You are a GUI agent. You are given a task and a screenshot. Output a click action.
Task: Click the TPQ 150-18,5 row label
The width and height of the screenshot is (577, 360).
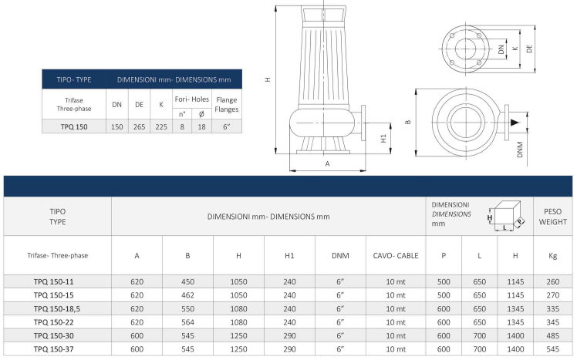pos(56,308)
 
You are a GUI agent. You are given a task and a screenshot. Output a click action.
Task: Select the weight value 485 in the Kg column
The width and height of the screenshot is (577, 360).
pos(553,335)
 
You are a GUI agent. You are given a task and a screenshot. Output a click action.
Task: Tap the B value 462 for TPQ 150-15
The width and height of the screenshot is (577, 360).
pos(187,295)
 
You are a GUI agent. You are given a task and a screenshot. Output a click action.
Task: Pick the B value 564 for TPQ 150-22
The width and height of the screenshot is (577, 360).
pos(187,322)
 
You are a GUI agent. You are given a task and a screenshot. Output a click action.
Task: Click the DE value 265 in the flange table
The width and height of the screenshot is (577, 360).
pos(139,126)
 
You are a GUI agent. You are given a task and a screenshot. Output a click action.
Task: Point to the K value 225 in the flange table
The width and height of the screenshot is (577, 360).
pos(161,126)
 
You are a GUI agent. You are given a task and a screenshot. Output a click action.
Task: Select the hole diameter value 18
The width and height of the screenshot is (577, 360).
pos(201,126)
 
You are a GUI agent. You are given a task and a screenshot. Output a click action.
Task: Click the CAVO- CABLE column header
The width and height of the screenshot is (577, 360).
pos(396,255)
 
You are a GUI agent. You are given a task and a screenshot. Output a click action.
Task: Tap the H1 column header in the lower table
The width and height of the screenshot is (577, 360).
pos(289,255)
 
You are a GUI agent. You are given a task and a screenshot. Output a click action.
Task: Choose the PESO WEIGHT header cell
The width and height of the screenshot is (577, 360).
pos(553,217)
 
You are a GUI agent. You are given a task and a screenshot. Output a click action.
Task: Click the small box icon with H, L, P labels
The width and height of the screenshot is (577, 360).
pos(505,216)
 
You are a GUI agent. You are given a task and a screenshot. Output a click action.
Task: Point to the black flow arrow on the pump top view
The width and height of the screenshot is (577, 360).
pos(515,123)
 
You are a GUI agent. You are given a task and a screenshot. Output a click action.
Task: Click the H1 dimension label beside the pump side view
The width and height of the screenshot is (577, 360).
pos(383,138)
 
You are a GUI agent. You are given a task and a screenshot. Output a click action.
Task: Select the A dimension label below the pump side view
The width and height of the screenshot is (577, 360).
pos(328,163)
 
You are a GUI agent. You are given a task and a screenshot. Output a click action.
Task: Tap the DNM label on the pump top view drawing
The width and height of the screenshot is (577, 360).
pos(520,150)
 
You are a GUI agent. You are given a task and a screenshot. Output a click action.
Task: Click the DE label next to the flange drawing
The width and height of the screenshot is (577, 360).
pos(529,49)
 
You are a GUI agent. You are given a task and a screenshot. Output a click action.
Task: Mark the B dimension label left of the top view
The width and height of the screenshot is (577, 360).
pos(408,122)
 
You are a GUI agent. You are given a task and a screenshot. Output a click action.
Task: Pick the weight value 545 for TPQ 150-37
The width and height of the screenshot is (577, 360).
pos(553,349)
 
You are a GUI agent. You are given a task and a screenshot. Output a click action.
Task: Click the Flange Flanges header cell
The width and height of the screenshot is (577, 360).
pos(227,104)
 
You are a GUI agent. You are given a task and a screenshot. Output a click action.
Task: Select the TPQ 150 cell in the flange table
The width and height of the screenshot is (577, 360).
pos(74,126)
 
